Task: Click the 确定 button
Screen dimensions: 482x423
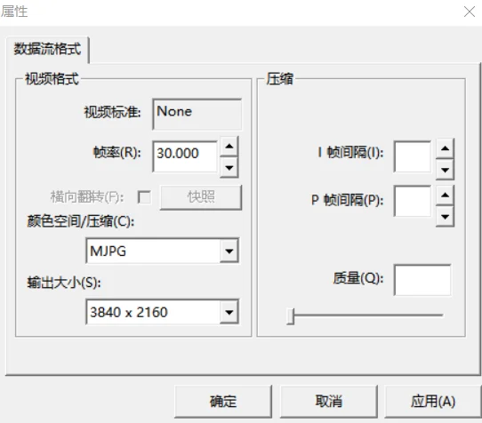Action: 223,402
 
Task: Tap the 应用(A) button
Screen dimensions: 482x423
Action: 433,402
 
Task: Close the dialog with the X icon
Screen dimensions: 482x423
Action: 470,12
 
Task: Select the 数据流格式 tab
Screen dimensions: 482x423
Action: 47,49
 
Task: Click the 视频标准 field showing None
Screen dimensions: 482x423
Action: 197,114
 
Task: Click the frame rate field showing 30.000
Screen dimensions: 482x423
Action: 185,156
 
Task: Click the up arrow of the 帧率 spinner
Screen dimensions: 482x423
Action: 229,147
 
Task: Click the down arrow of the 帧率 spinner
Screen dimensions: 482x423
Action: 229,168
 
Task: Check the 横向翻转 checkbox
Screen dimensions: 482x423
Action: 144,197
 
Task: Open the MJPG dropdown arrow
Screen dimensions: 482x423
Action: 229,251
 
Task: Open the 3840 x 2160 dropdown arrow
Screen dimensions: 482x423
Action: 229,313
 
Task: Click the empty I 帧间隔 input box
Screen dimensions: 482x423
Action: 413,156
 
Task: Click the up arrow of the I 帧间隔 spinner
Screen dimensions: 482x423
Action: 445,148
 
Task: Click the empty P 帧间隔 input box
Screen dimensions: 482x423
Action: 413,201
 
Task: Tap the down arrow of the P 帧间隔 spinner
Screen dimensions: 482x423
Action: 445,217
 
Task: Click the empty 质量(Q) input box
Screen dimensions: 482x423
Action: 422,280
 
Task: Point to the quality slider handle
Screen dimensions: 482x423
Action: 291,316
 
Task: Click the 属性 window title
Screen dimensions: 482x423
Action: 14,12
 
